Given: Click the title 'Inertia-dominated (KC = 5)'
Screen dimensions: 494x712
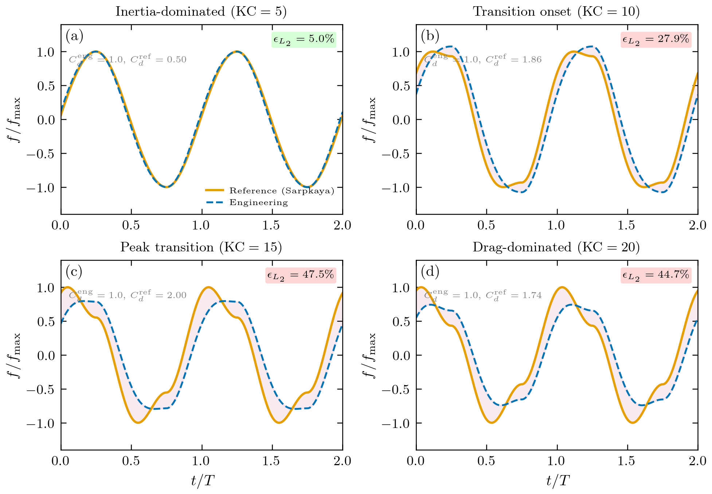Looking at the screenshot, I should click(x=201, y=12).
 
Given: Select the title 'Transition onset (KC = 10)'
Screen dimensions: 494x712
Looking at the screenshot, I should click(x=556, y=12).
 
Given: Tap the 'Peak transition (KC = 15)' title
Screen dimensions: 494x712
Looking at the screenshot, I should click(x=201, y=247).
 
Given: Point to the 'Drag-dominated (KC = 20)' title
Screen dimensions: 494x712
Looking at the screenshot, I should click(x=556, y=247).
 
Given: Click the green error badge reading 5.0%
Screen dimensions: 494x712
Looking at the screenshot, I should click(x=304, y=39).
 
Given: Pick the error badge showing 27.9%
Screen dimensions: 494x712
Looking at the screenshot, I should click(x=656, y=39).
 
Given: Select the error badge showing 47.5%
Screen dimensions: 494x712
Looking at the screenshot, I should click(x=301, y=275).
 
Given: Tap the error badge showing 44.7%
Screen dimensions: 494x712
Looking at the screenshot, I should click(x=656, y=275).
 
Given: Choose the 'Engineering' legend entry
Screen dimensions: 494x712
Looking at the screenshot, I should click(x=258, y=202).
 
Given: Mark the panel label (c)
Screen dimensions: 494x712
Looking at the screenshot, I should click(x=74, y=271).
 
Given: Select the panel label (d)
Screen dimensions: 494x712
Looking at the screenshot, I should click(x=430, y=271).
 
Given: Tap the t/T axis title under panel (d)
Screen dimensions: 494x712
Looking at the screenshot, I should click(x=557, y=481).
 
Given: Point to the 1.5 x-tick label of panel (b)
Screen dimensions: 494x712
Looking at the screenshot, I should click(x=627, y=225).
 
